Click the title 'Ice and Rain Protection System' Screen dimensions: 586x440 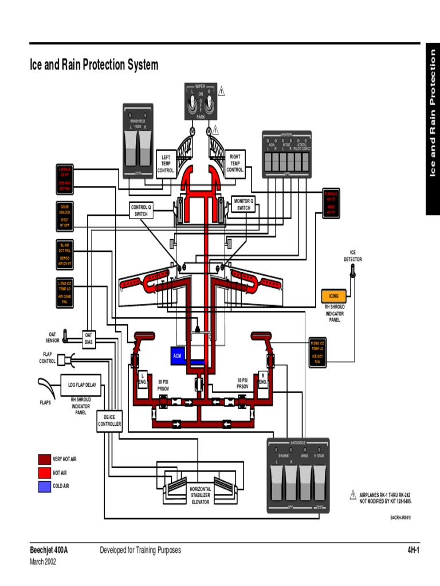[93, 65]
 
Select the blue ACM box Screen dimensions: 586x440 [178, 355]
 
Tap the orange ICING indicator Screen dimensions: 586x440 [333, 296]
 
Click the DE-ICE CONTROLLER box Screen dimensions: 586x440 [109, 421]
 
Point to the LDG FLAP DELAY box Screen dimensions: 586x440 [82, 385]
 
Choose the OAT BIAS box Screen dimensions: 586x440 [89, 338]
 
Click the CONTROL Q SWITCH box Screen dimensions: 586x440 [141, 211]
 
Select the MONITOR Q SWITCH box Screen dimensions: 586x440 [243, 204]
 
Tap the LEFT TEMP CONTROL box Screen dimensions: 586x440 [166, 163]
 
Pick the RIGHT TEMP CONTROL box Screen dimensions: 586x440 [235, 163]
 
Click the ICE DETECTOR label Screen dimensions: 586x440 [353, 255]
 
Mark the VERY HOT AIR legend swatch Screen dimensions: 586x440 [44, 459]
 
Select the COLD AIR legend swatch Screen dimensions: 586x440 [44, 486]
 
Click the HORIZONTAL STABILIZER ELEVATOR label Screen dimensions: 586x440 [201, 496]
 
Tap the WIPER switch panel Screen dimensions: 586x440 [201, 101]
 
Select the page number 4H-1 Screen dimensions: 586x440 [414, 550]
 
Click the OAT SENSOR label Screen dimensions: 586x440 [52, 337]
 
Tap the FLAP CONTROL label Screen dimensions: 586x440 [47, 358]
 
